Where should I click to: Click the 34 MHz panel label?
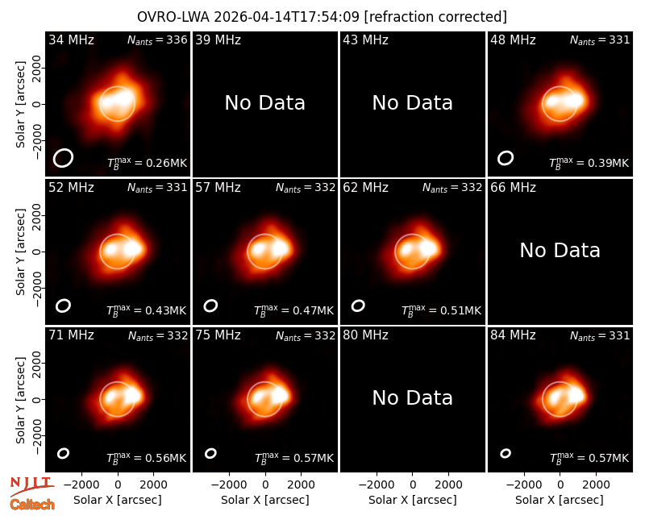tap(71, 40)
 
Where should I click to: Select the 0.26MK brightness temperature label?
tap(147, 163)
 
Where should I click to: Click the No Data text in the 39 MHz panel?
tap(265, 103)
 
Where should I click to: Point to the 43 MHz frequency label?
tap(366, 40)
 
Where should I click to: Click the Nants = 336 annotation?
tap(157, 40)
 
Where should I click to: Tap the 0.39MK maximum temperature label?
tap(589, 163)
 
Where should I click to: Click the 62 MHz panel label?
tap(366, 188)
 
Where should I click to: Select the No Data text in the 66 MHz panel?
tap(560, 251)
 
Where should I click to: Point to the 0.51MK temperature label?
tap(441, 310)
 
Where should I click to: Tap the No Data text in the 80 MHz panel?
tap(413, 398)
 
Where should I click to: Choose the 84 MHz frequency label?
tap(513, 335)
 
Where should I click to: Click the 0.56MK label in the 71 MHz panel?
tap(147, 458)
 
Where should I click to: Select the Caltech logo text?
tap(32, 505)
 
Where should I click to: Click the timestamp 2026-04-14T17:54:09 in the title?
tap(287, 17)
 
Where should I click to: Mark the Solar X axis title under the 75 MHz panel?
tap(265, 500)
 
